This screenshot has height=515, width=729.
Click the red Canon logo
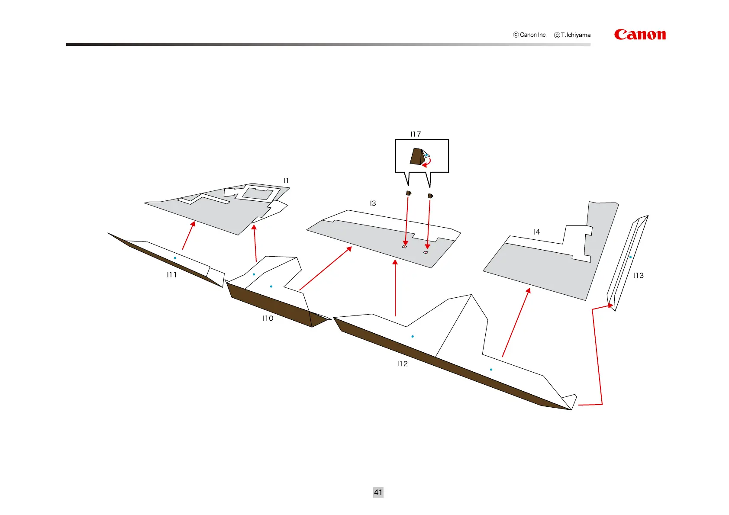pos(639,35)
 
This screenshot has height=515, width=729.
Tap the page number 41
pos(378,492)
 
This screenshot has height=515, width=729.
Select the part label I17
pos(416,134)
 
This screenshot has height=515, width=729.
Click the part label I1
pos(286,180)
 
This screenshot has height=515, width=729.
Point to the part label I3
pos(373,203)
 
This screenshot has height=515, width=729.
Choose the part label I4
pos(536,232)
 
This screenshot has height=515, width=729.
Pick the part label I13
pos(638,275)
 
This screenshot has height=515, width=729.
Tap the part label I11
pos(172,274)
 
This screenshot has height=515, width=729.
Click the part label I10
pos(268,318)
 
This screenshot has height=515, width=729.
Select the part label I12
pos(402,364)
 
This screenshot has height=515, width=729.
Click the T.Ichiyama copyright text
pos(572,35)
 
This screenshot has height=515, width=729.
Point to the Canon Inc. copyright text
pos(530,35)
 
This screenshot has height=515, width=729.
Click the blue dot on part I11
pos(175,258)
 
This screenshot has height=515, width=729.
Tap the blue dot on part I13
pos(630,257)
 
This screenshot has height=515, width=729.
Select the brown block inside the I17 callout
pos(416,156)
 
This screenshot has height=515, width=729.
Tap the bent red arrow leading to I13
pos(600,355)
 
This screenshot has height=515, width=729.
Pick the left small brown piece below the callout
pos(408,193)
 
